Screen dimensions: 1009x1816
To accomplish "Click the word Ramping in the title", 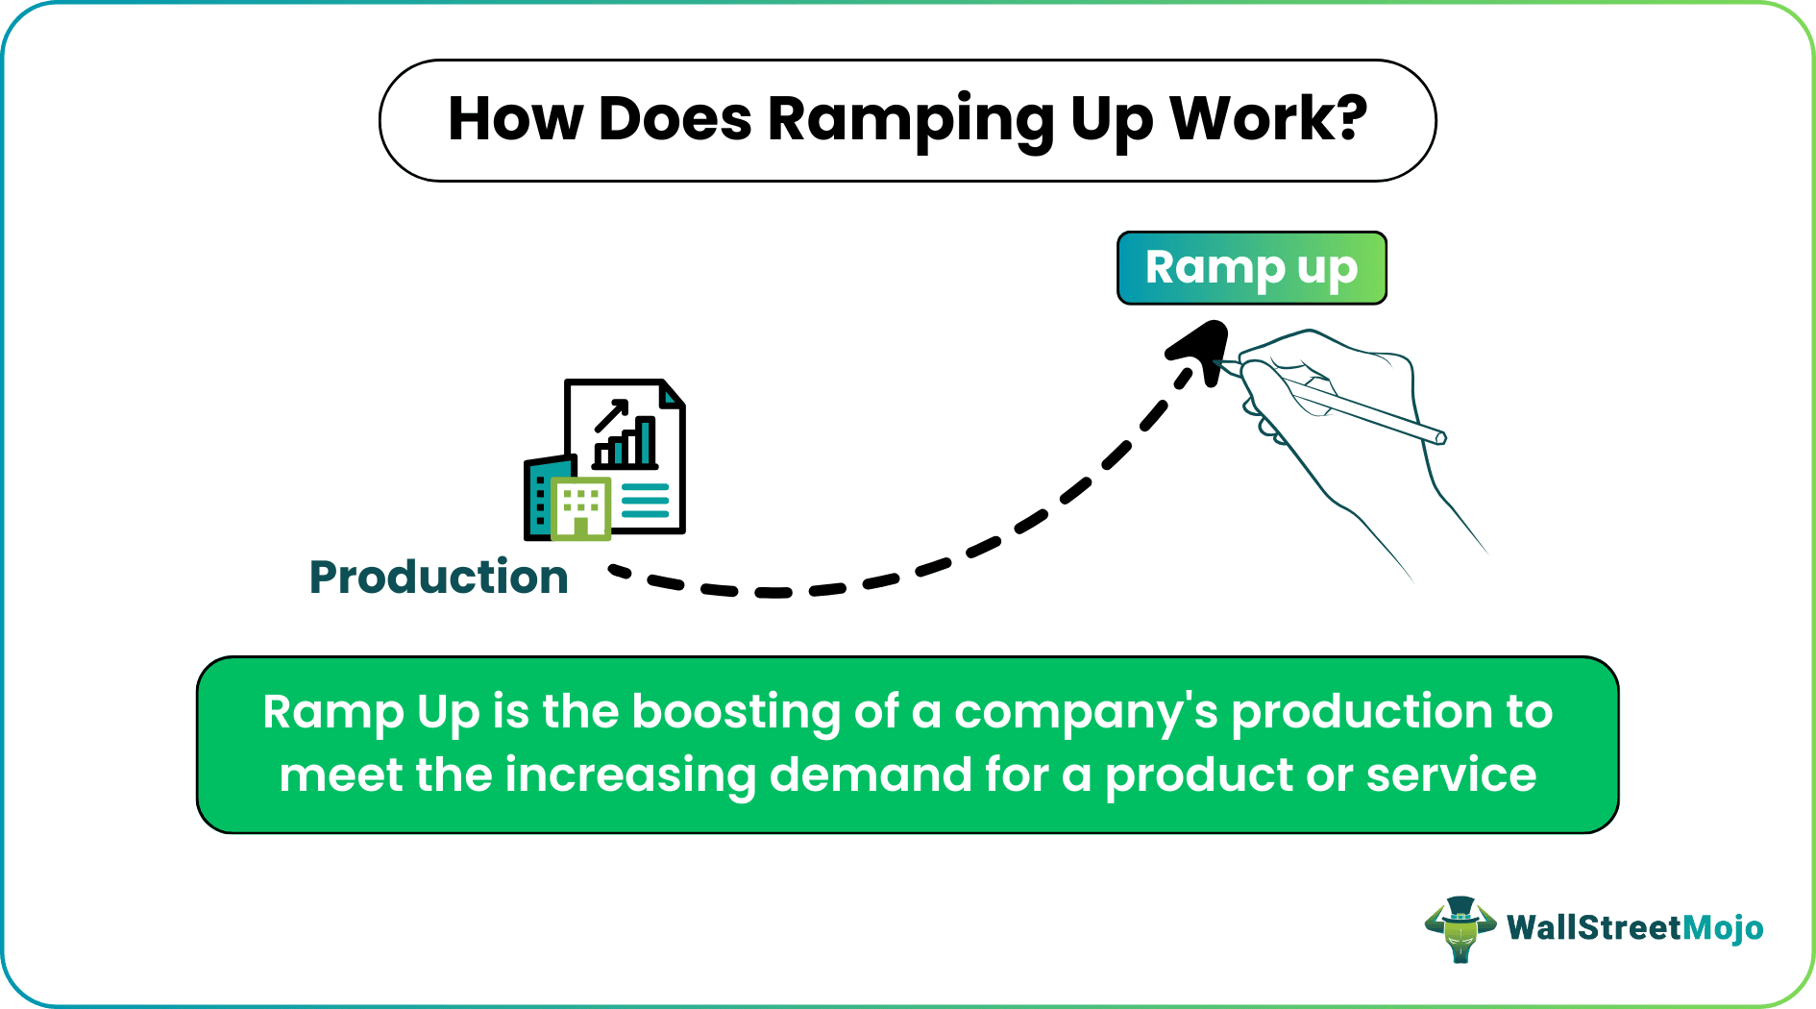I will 910,121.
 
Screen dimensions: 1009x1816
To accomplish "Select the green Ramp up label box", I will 1251,268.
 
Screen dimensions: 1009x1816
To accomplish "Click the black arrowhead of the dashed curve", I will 1202,349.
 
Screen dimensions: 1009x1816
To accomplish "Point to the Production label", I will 438,577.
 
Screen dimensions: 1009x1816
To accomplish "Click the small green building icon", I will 580,507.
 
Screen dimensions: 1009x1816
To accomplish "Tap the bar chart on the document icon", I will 626,443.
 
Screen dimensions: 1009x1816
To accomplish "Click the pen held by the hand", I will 1345,404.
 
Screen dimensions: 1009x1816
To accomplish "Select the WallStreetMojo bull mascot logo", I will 1460,929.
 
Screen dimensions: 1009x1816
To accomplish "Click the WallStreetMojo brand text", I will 1634,927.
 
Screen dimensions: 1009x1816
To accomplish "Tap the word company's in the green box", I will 1086,713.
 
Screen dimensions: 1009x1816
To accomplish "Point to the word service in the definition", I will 1451,775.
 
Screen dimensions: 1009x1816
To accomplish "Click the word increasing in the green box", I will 630,775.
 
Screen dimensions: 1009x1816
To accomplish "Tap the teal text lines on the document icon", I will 645,501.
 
